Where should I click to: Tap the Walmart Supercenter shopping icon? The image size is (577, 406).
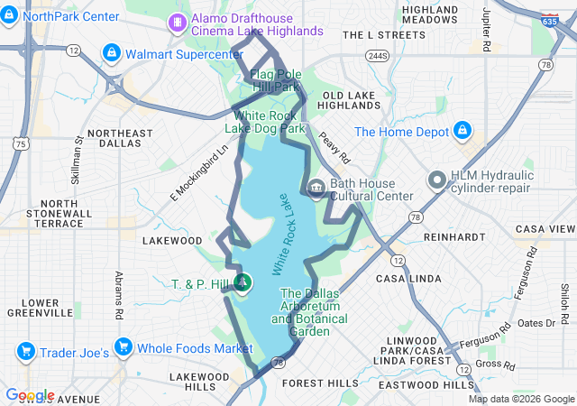click(x=112, y=53)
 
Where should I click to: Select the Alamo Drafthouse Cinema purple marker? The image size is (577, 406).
click(x=179, y=21)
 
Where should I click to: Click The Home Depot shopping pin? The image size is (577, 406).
click(x=463, y=131)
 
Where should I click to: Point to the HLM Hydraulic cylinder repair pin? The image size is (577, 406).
click(x=437, y=182)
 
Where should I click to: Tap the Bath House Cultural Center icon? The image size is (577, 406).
click(x=316, y=189)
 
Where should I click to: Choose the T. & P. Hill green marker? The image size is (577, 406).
click(x=243, y=283)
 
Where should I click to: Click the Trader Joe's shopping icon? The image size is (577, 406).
click(x=25, y=350)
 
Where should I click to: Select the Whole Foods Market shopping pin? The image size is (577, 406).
click(x=123, y=348)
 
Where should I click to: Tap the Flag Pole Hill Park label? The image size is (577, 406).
click(x=274, y=80)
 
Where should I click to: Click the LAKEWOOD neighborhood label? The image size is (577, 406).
click(x=171, y=241)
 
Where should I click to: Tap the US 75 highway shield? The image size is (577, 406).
click(x=20, y=143)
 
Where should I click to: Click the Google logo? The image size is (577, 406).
click(x=30, y=395)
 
